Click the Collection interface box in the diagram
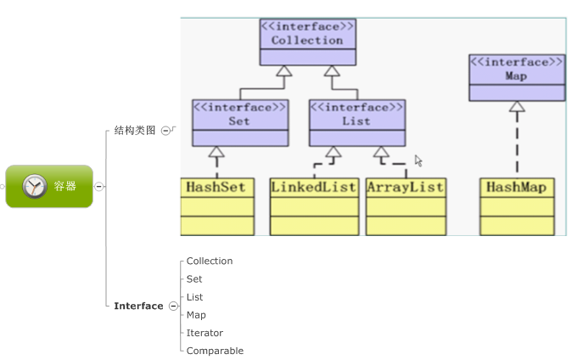tap(307, 34)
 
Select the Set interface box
tap(239, 115)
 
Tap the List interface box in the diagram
tap(356, 115)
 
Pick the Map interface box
tap(516, 70)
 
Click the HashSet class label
tap(216, 187)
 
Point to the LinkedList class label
tap(313, 187)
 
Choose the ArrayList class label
tap(405, 187)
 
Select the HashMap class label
tap(516, 187)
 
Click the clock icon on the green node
tap(35, 186)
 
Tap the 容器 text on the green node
tap(65, 186)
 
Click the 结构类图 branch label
tap(135, 131)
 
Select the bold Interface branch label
tap(138, 306)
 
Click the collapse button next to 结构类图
tap(165, 131)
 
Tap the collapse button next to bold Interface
tap(173, 306)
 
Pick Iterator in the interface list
tap(205, 333)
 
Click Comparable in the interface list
tap(215, 351)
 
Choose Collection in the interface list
tap(210, 261)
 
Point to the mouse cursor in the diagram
tap(418, 160)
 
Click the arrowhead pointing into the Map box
tap(516, 107)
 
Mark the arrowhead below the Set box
tap(216, 153)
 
